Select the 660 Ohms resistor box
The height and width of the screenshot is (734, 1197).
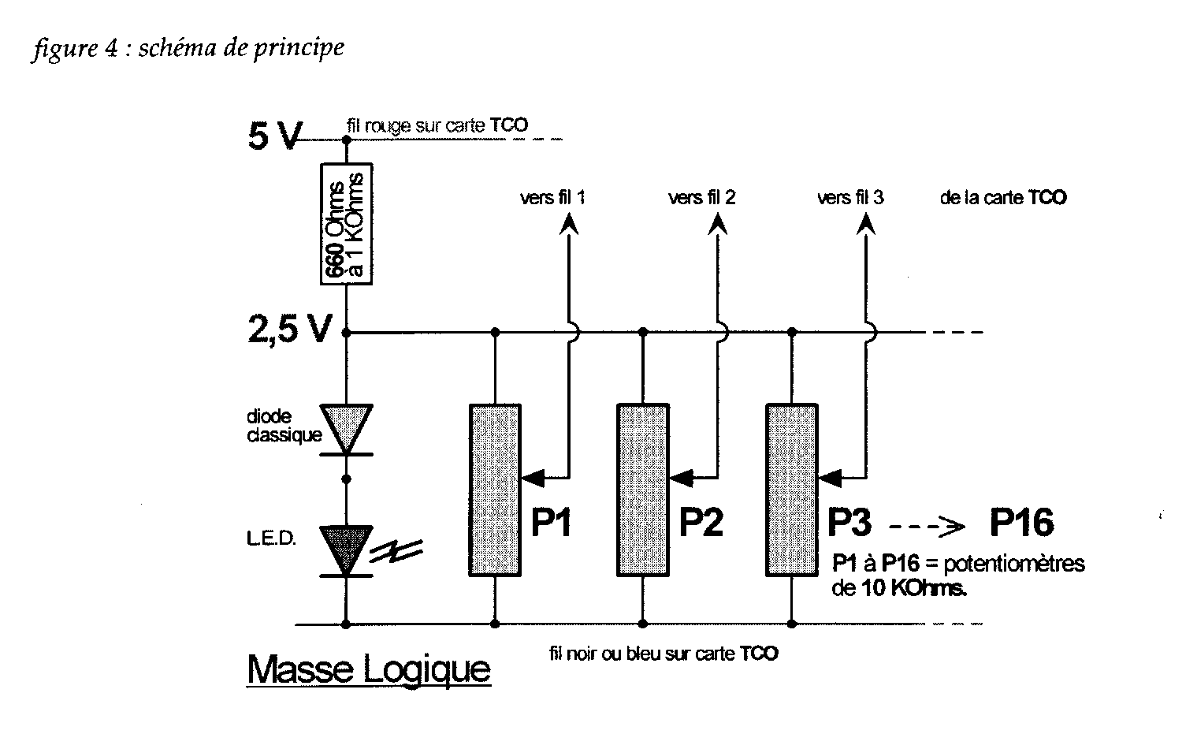pyautogui.click(x=347, y=223)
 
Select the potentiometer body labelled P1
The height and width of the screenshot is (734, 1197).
pyautogui.click(x=495, y=490)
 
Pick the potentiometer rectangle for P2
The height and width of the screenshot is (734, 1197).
pyautogui.click(x=642, y=490)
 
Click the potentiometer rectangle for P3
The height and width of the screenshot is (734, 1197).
pyautogui.click(x=791, y=490)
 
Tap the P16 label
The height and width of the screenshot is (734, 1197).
pyautogui.click(x=1021, y=523)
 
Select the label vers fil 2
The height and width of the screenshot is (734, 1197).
pyautogui.click(x=701, y=197)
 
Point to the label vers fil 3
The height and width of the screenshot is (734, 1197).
pyautogui.click(x=850, y=197)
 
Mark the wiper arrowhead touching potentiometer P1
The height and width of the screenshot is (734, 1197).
pyautogui.click(x=533, y=477)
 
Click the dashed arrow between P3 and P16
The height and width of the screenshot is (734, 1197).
pyautogui.click(x=927, y=524)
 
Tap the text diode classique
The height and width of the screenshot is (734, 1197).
pyautogui.click(x=273, y=425)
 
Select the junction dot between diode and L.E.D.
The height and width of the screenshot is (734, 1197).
pyautogui.click(x=345, y=478)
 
